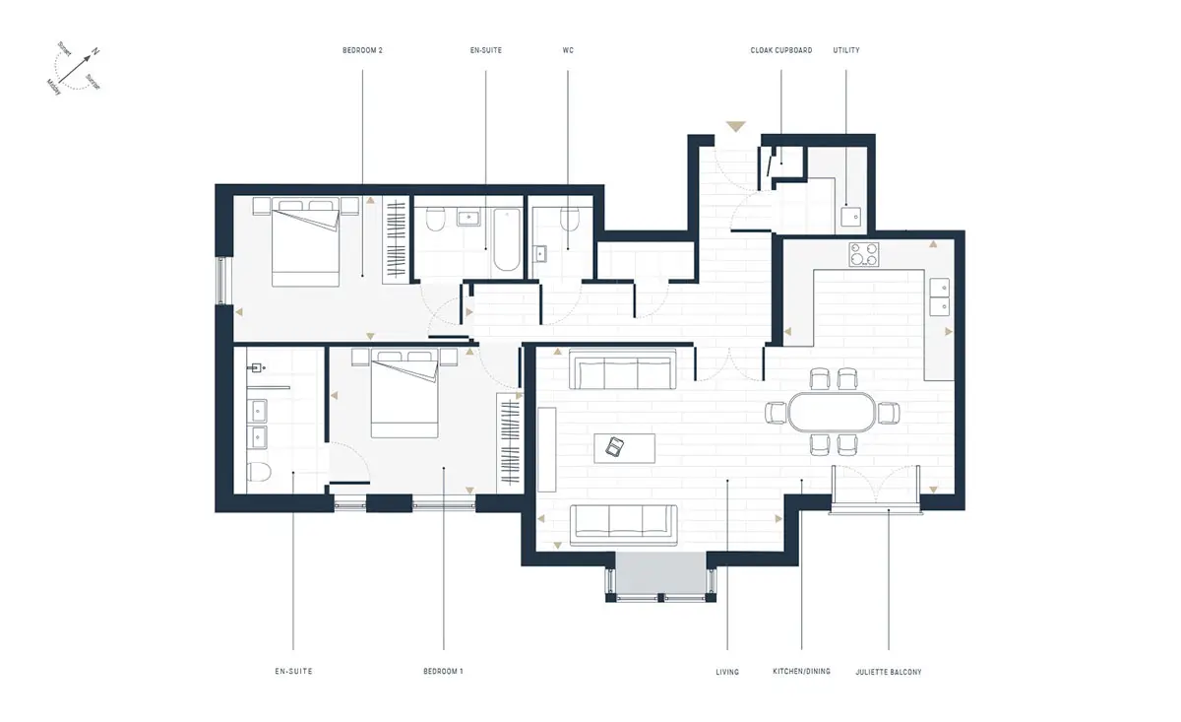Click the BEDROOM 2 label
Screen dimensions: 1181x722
(362, 50)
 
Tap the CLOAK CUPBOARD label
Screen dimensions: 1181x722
(780, 50)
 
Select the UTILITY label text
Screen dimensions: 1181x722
(846, 50)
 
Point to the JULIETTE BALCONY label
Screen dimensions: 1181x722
(889, 672)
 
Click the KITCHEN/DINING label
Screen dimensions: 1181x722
(801, 672)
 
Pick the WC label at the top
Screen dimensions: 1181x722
(568, 50)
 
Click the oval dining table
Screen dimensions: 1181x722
(832, 412)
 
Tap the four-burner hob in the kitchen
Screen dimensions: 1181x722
(864, 254)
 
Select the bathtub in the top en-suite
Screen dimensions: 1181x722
(507, 239)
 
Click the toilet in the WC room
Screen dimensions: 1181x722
(570, 219)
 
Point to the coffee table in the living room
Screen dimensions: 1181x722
(625, 448)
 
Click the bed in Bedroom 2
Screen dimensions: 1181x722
(305, 242)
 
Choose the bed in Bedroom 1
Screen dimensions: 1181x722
(404, 393)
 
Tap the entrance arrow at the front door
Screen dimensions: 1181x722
(735, 126)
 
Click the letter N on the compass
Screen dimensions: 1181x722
(95, 51)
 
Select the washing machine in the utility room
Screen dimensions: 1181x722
(851, 217)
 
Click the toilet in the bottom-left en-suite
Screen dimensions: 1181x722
(259, 472)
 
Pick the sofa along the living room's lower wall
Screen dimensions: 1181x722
(624, 525)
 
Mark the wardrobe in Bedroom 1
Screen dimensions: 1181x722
(510, 442)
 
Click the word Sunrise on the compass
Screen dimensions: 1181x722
(93, 82)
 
